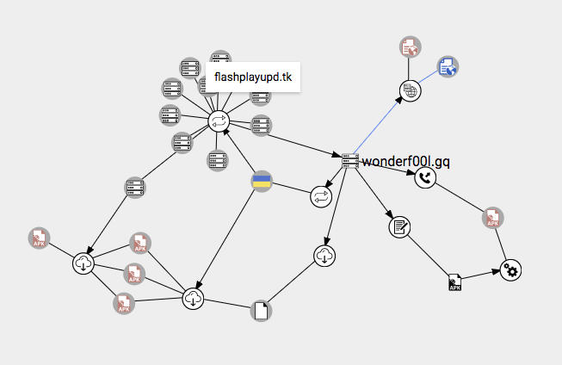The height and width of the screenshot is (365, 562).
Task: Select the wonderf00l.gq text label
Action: [406, 161]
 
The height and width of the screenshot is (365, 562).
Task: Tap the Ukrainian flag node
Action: [261, 181]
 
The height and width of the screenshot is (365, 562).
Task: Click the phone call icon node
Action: [425, 178]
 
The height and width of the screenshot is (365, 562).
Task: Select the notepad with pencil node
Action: [398, 226]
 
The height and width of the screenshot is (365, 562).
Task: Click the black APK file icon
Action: [455, 282]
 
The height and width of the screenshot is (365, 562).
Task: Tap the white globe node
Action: [409, 90]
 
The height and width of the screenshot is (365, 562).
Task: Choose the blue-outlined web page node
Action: [447, 66]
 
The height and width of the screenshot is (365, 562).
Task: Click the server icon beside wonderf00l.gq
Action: [349, 161]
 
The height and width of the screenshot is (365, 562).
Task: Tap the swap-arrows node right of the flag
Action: [321, 196]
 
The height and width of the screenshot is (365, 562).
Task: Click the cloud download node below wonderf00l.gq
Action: [324, 255]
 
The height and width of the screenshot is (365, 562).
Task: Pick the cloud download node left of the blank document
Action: [194, 299]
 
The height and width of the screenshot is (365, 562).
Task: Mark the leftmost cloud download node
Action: [83, 264]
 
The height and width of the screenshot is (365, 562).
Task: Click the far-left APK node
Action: [38, 238]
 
